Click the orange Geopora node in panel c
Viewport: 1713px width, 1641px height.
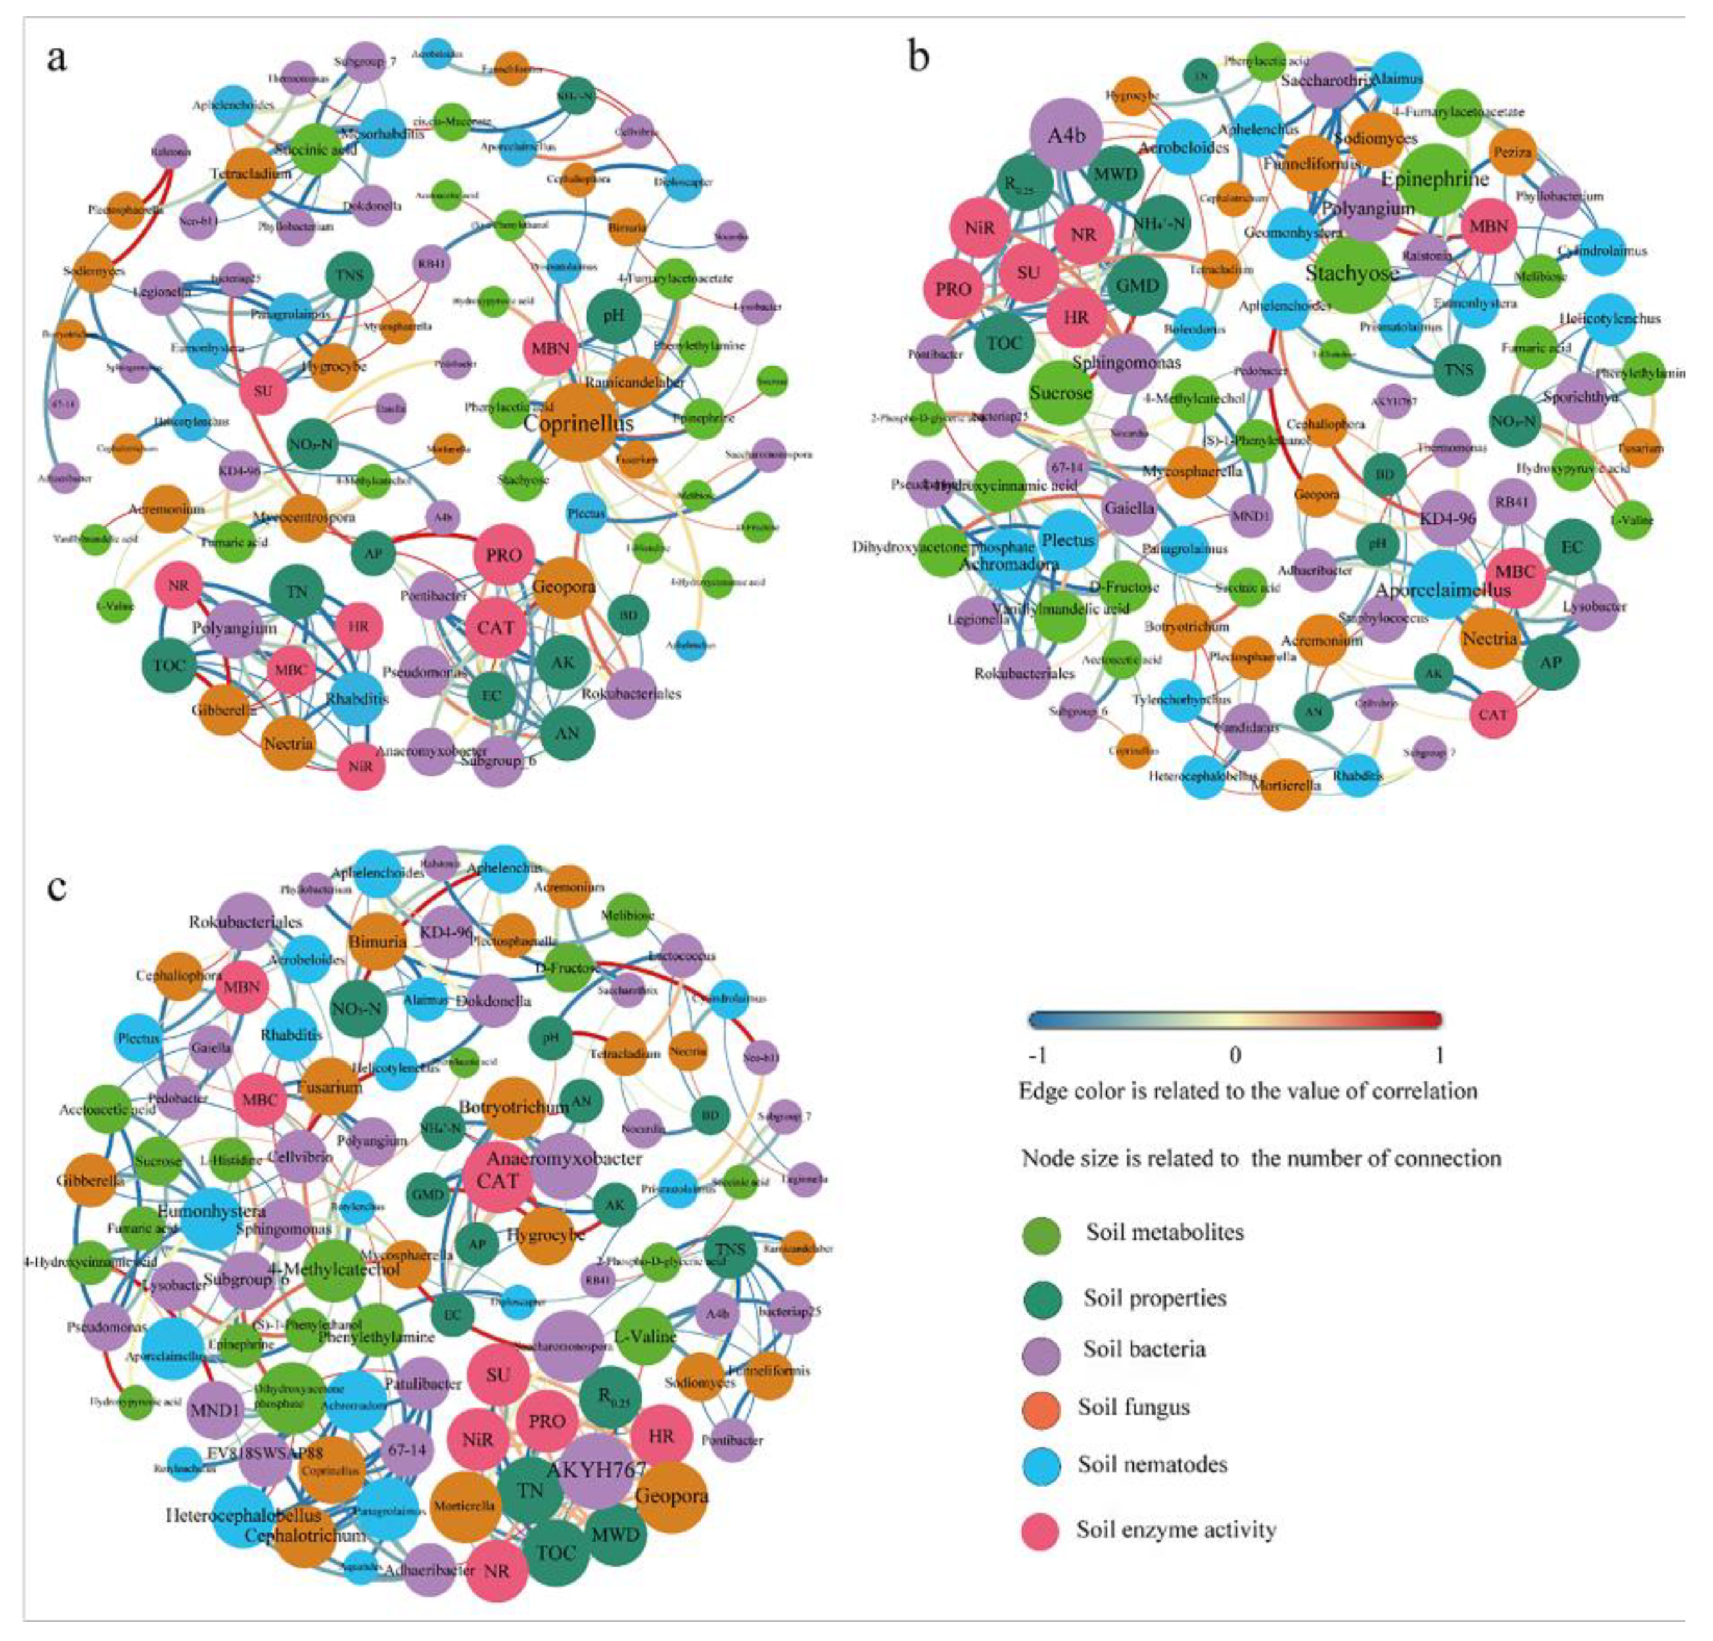pyautogui.click(x=671, y=1496)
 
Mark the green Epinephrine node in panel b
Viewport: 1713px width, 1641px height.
pyautogui.click(x=1433, y=179)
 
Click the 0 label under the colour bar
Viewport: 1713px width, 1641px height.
pyautogui.click(x=1234, y=1055)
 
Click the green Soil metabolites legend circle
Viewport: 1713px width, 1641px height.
pyautogui.click(x=1042, y=1235)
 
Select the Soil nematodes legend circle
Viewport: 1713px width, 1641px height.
pyautogui.click(x=1042, y=1466)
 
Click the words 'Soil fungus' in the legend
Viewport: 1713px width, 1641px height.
pyautogui.click(x=1134, y=1407)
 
